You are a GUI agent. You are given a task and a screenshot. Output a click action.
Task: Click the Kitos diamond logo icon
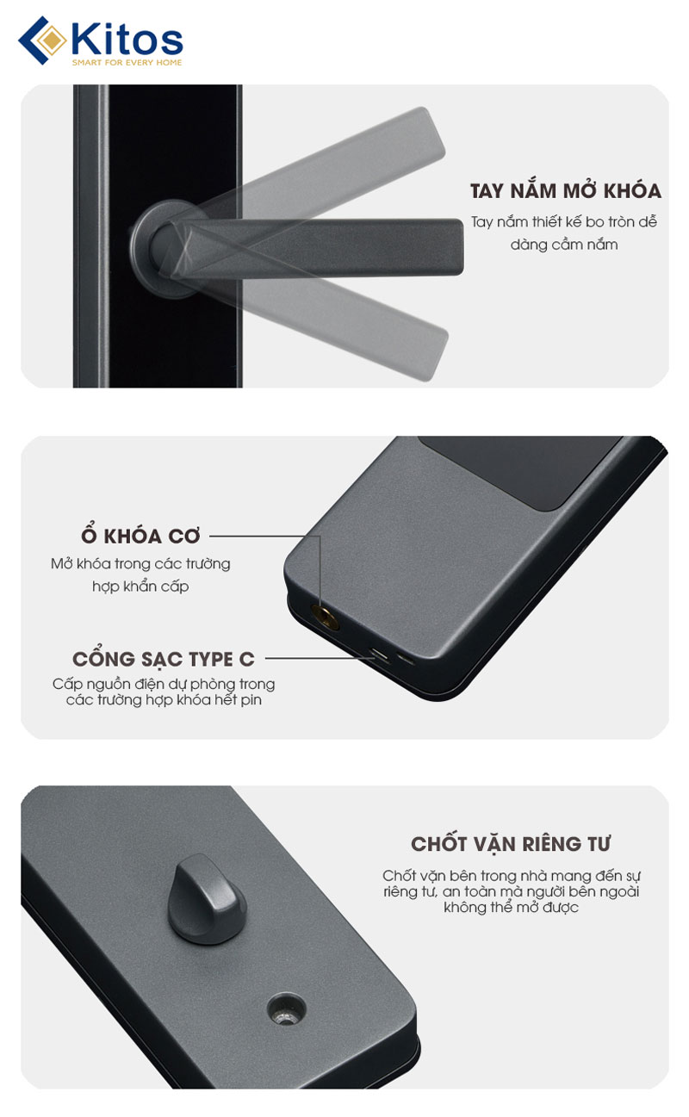(42, 40)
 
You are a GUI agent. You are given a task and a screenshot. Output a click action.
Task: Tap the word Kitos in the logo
(127, 39)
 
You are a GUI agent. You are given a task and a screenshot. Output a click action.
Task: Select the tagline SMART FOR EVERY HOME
(127, 63)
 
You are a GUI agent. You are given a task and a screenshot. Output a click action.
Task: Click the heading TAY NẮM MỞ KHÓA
(565, 190)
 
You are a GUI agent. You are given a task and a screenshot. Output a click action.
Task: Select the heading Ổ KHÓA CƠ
(140, 535)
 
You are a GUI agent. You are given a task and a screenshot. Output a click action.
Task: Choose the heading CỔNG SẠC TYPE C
(164, 658)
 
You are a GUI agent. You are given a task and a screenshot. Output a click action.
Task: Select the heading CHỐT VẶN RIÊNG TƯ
(511, 844)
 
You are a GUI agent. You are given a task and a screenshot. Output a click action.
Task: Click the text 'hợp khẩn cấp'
(140, 586)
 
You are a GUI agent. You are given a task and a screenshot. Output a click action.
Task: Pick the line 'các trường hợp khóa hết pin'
(164, 700)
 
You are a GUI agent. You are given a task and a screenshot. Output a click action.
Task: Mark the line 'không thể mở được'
(511, 907)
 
